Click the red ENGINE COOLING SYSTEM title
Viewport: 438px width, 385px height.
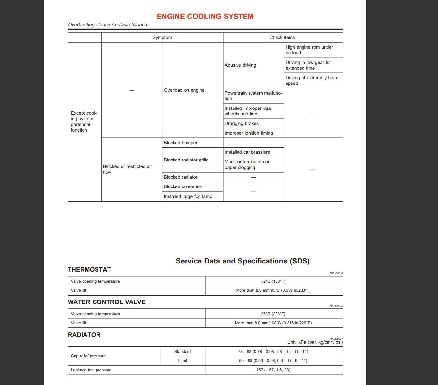[205, 16]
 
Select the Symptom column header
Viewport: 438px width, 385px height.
[162, 37]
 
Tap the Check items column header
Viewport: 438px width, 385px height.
[282, 37]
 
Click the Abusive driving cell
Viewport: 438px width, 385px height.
[240, 65]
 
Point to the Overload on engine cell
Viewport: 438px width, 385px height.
[184, 90]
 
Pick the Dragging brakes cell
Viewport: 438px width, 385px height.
[241, 123]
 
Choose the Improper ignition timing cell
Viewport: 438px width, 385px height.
[249, 133]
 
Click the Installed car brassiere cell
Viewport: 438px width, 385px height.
[247, 152]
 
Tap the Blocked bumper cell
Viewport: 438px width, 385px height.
[180, 143]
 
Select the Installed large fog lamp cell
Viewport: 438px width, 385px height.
[188, 196]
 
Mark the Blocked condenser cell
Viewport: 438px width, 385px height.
[183, 186]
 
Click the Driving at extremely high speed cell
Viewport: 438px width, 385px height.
[311, 80]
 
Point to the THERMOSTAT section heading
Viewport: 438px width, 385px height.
[89, 269]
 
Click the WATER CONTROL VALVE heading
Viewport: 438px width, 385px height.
[107, 302]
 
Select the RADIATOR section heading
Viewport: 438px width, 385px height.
[84, 335]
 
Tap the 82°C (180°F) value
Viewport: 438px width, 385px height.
[273, 281]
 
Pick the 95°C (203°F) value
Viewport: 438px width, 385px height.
[273, 314]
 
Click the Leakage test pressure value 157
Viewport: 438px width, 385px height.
[273, 370]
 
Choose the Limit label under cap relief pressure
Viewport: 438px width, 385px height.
[182, 361]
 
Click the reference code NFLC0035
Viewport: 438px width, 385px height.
[336, 306]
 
